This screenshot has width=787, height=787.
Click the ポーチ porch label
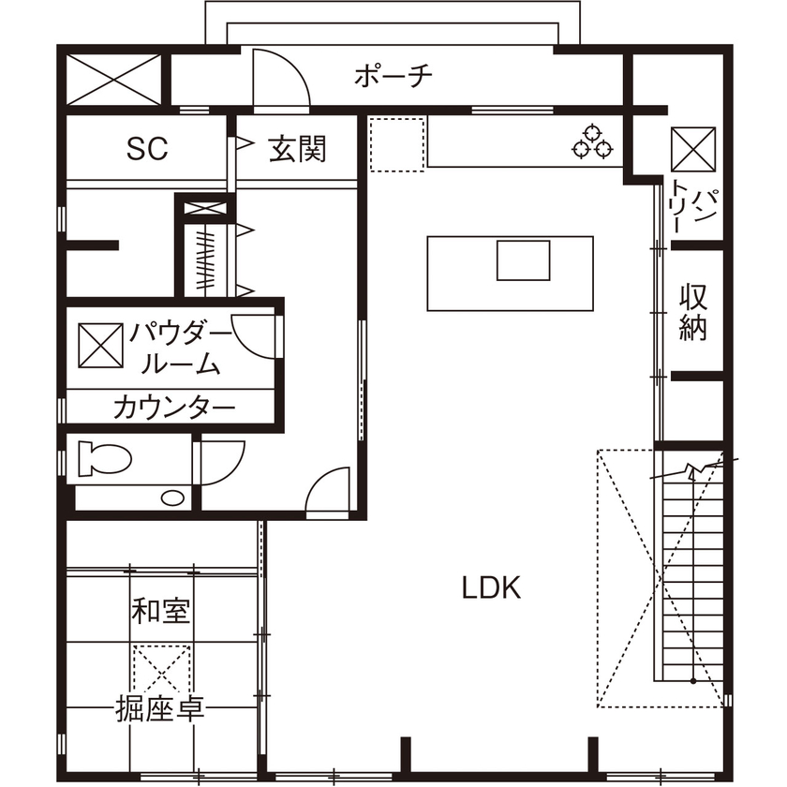[x=393, y=76]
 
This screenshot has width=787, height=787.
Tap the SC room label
[x=147, y=148]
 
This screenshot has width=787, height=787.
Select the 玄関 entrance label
[x=297, y=148]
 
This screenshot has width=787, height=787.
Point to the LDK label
[x=490, y=587]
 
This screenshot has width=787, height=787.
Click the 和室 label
[x=161, y=612]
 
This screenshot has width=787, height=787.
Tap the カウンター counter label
[x=173, y=408]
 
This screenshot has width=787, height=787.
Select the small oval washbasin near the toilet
[x=173, y=497]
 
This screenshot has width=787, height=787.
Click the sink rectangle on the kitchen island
[x=523, y=260]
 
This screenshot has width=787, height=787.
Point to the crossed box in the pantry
[x=692, y=148]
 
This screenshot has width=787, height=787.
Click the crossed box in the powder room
[x=99, y=346]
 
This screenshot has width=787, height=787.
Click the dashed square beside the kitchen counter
[x=397, y=144]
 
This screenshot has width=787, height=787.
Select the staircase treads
[x=692, y=572]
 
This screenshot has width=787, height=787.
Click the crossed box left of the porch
[x=114, y=79]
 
